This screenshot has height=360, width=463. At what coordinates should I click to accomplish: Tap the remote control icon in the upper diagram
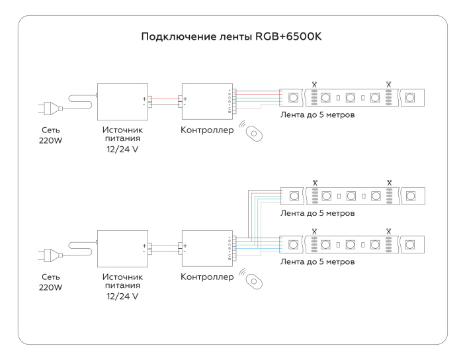tap(253, 132)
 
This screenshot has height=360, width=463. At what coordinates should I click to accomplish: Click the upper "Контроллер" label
tap(207, 130)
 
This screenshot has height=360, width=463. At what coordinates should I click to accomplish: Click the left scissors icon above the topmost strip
tap(315, 85)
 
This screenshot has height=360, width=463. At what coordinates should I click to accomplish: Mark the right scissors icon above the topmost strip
tap(389, 85)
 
